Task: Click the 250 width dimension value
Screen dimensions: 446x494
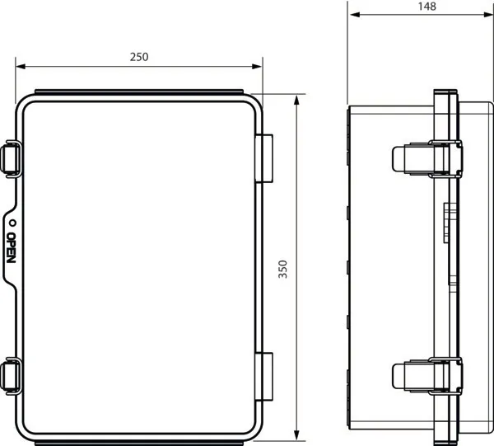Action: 138,57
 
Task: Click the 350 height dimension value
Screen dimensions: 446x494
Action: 283,271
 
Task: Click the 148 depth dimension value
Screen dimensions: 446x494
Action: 426,7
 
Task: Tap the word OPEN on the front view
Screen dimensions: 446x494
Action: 11,248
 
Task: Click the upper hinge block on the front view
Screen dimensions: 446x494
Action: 264,158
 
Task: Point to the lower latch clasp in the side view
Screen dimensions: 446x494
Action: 424,376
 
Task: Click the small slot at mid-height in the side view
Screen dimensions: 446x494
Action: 449,219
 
